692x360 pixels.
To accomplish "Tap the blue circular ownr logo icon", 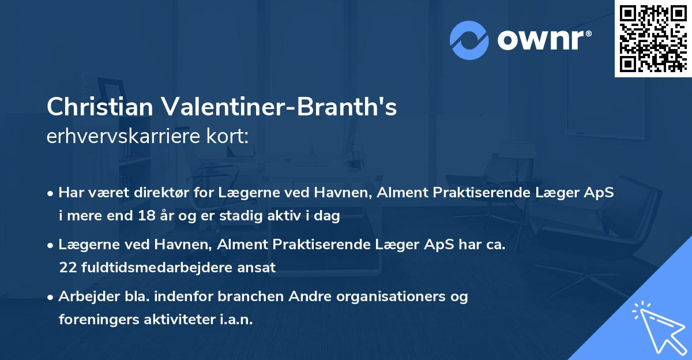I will coord(469,40).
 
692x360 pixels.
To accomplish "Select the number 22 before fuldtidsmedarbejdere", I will coord(67,268).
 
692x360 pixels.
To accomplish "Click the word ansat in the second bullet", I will coord(259,268).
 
